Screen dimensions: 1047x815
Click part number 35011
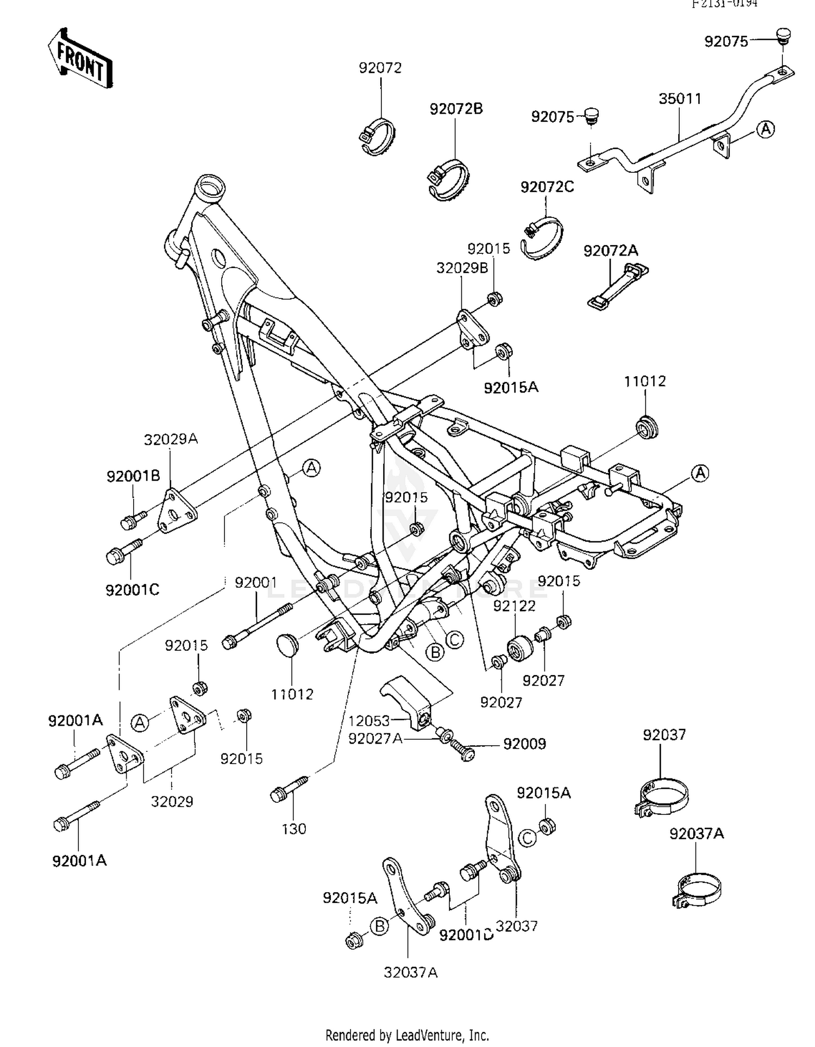pos(680,99)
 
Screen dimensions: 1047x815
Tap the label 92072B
pos(456,109)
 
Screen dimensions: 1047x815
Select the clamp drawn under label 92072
pos(378,136)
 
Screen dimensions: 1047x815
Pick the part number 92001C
pos(132,590)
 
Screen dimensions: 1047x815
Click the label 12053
pos(369,720)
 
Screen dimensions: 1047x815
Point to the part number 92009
pos(524,744)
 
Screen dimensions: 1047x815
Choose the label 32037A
pos(410,972)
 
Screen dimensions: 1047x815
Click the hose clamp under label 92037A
pos(697,890)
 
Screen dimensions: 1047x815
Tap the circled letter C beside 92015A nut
pos(527,838)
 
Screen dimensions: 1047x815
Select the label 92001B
pos(133,476)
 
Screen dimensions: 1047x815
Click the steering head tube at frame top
pos(210,189)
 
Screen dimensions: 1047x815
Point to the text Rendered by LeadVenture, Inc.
pos(407,1034)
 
